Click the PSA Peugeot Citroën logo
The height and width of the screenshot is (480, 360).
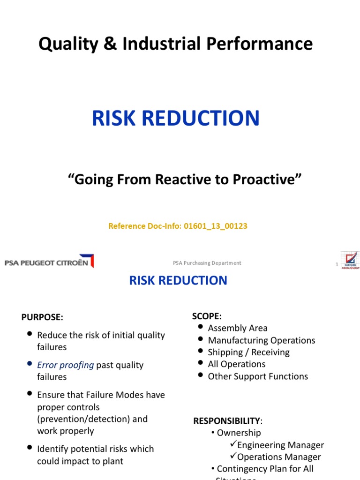coord(49,262)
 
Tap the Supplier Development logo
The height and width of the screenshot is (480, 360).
coord(350,261)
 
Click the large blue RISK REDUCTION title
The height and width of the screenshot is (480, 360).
coord(175,118)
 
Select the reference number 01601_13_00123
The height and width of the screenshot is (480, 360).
coord(218,226)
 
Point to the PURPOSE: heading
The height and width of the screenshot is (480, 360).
coord(42,317)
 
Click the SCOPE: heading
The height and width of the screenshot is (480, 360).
coord(207,316)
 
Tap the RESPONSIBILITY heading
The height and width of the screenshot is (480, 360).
coord(226,421)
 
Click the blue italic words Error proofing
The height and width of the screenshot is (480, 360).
coord(66,365)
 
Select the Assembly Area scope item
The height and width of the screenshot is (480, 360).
coord(238,328)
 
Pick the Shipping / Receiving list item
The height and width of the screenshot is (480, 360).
coord(248,352)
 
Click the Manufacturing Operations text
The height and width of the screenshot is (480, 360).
coord(261,340)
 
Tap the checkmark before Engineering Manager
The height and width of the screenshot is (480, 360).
coord(233,444)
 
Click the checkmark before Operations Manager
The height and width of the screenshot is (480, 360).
coord(233,457)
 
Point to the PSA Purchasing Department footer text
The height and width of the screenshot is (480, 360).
coord(207,263)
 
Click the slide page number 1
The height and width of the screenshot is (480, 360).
coord(337,265)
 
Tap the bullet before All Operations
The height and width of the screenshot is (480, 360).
coord(201,363)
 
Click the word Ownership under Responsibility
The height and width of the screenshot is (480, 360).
coord(239,433)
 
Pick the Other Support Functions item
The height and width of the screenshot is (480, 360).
coord(258,376)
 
